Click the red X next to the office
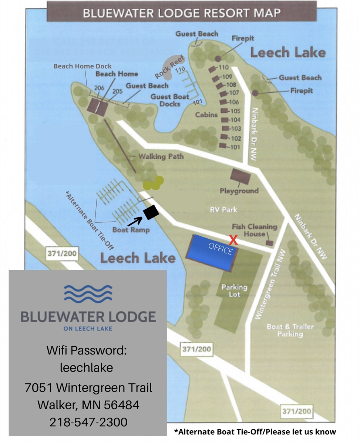click(233, 240)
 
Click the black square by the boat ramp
click(151, 212)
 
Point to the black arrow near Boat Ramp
click(135, 221)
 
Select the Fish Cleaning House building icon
click(270, 243)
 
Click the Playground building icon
click(240, 176)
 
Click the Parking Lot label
click(234, 291)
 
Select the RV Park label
click(223, 209)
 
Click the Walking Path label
click(161, 157)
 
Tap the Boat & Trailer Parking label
click(290, 330)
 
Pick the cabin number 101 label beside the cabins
click(235, 147)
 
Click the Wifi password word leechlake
click(86, 368)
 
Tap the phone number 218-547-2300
click(88, 422)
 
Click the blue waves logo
click(88, 292)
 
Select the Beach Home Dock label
click(83, 66)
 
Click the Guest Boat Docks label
click(170, 100)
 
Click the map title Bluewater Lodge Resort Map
click(182, 13)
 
